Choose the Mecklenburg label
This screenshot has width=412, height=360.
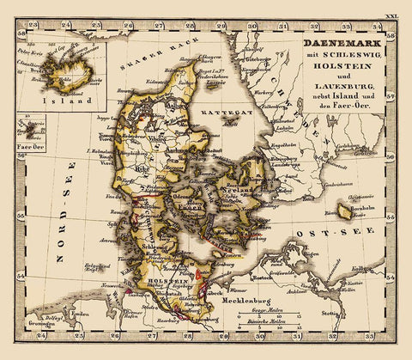click(249, 302)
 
